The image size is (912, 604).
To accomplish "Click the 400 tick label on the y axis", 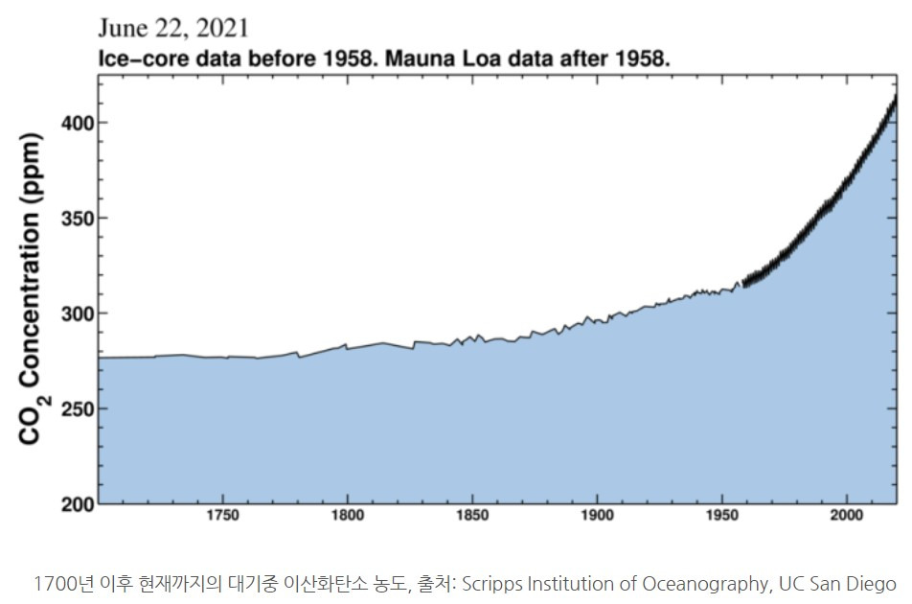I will tap(78, 123).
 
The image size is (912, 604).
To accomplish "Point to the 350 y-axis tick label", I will tap(78, 218).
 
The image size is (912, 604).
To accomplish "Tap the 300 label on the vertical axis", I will tap(78, 314).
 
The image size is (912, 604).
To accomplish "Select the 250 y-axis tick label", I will tap(78, 409).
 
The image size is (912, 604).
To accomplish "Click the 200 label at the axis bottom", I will tap(78, 504).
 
